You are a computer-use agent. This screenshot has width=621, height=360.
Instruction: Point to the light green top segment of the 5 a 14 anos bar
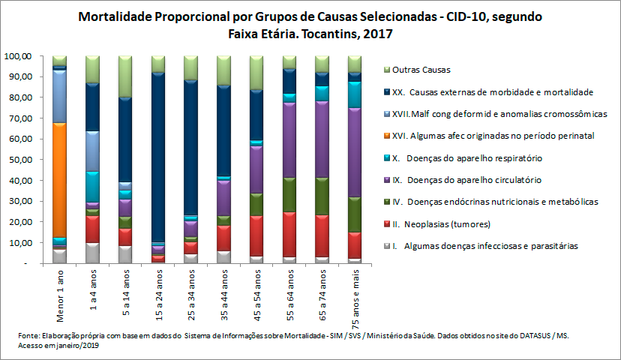pyautogui.click(x=124, y=76)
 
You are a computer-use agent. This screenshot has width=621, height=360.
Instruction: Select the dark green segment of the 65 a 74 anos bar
pyautogui.click(x=321, y=196)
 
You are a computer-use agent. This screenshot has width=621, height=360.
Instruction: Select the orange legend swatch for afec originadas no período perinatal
pyautogui.click(x=385, y=136)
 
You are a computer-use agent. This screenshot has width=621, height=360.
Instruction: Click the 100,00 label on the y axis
pyautogui.click(x=16, y=56)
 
